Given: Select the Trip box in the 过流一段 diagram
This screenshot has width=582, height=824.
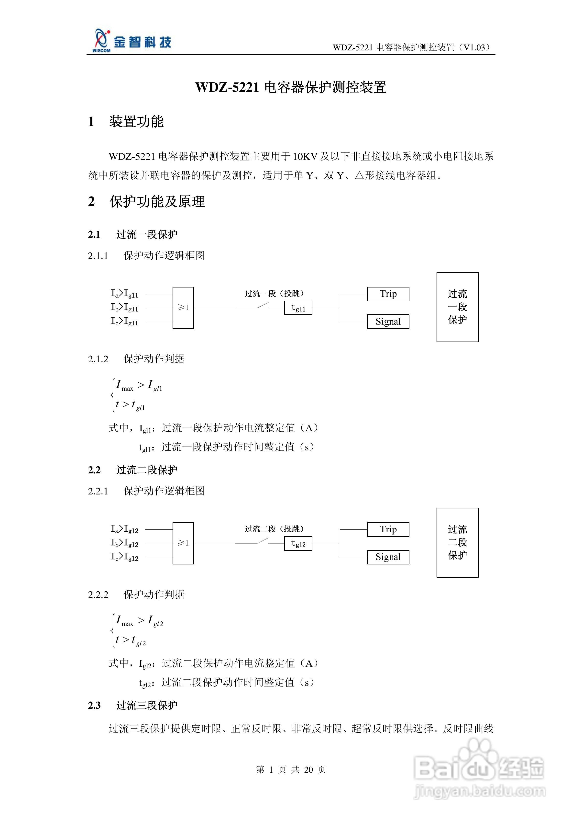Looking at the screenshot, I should pyautogui.click(x=388, y=294).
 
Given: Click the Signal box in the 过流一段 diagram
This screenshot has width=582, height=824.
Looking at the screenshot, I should pyautogui.click(x=388, y=321).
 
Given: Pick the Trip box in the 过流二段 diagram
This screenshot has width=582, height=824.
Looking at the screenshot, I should pyautogui.click(x=388, y=529).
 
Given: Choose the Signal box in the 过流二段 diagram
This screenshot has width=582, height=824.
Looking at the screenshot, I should pyautogui.click(x=388, y=557).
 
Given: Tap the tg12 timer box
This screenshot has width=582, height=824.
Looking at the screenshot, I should pyautogui.click(x=298, y=543).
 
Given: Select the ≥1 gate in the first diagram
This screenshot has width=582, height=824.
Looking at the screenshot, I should pyautogui.click(x=183, y=308).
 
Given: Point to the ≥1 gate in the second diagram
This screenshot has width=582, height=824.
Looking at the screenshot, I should pyautogui.click(x=183, y=543).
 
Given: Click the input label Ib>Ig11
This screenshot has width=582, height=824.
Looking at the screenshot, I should pyautogui.click(x=124, y=308).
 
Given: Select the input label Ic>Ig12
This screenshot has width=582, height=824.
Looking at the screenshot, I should pyautogui.click(x=124, y=557).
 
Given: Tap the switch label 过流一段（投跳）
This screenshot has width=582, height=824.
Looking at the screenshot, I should pyautogui.click(x=274, y=294).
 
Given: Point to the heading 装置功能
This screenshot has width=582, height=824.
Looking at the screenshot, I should pyautogui.click(x=136, y=122).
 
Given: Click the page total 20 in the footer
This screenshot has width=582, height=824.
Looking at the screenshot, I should pyautogui.click(x=308, y=769).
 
